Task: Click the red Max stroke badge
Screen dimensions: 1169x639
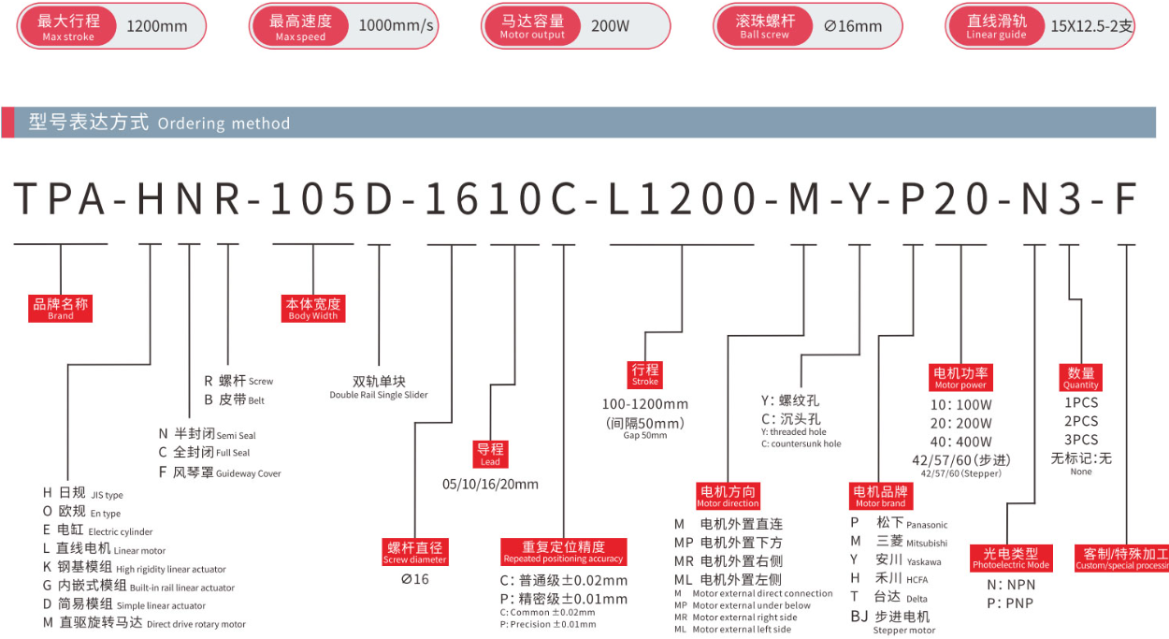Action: pos(68,26)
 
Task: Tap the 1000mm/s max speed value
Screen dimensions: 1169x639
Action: pos(396,25)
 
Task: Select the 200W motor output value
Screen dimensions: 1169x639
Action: pos(610,25)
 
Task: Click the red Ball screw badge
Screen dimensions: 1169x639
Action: pos(765,26)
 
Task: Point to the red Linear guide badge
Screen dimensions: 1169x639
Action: pos(996,26)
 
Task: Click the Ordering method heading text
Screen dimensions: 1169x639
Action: pos(224,123)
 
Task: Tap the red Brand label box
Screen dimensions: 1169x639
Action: pos(61,308)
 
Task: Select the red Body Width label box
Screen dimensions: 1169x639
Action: pos(313,308)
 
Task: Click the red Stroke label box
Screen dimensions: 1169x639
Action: pos(645,374)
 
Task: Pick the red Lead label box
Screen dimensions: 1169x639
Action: pos(490,454)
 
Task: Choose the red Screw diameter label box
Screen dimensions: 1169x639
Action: pos(415,552)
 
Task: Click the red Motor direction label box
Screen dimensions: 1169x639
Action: pos(728,496)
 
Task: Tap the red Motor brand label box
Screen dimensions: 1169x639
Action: pos(880,496)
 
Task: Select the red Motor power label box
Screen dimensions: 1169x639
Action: pos(960,377)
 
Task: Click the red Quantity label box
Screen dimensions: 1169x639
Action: pos(1080,377)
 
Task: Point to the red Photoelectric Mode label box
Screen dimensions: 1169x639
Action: pos(1011,559)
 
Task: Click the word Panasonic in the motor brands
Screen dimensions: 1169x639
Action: pos(927,525)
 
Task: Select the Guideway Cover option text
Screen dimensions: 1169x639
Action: pos(249,473)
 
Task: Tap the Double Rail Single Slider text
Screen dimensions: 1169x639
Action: pos(379,395)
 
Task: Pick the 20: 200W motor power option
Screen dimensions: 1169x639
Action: pos(960,423)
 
